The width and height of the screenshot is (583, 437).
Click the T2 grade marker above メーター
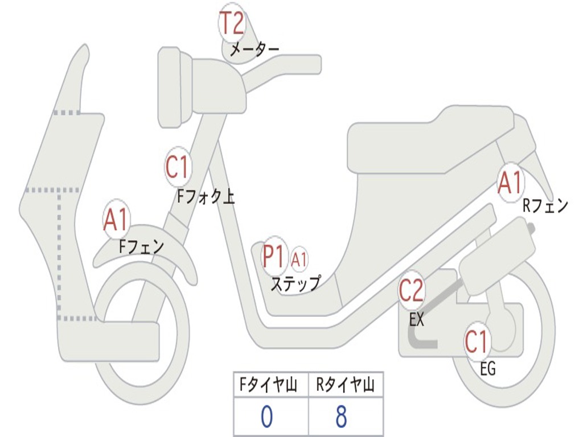coord(232,24)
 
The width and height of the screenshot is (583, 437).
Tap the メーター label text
coord(254,50)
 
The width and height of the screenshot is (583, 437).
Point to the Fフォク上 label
coord(206,197)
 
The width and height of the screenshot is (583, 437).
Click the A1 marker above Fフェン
coord(116,220)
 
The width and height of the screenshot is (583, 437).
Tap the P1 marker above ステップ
coord(274,257)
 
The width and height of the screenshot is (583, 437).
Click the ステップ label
coord(295,283)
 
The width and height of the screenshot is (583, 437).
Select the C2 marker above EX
coord(411,291)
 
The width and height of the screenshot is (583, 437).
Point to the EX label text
coord(417,320)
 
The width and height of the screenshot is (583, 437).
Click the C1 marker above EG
coord(477,342)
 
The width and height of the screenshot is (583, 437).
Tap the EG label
coord(488,369)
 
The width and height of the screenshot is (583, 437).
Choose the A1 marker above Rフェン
coord(510,183)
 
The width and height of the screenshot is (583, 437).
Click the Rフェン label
coord(545,206)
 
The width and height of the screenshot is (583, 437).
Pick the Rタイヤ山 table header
coord(346,386)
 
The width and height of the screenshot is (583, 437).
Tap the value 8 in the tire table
coord(342,417)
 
